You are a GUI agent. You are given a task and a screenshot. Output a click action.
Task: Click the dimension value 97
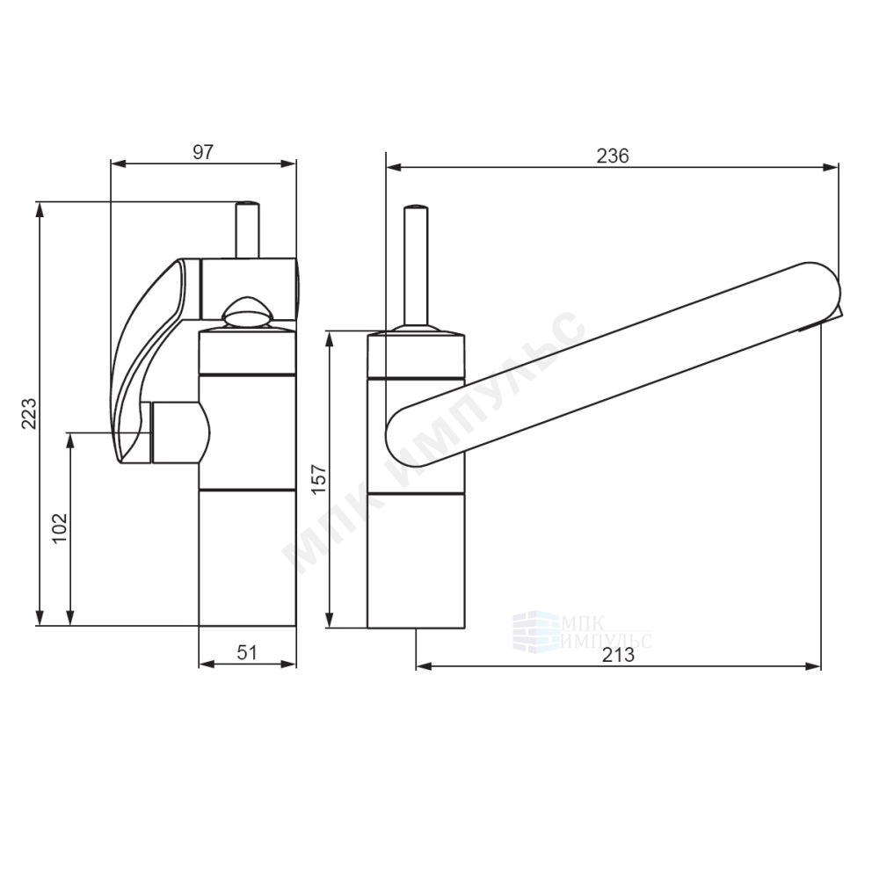(204, 152)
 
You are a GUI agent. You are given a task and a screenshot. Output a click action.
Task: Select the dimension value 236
(612, 156)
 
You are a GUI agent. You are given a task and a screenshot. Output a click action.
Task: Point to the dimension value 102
(60, 527)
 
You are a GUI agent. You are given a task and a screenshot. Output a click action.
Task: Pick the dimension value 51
(247, 652)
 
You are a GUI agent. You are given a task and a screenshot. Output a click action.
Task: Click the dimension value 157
(318, 479)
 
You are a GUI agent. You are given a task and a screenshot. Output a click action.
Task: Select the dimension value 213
(618, 655)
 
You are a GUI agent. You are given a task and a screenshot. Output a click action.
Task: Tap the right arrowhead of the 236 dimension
(831, 166)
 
